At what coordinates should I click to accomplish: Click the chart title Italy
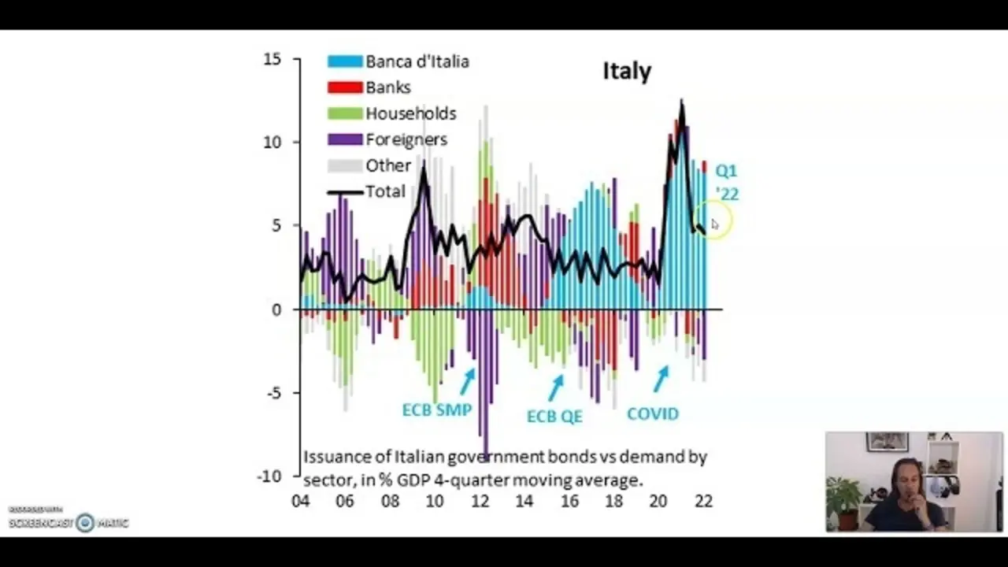point(627,71)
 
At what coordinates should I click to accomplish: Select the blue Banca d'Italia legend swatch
point(345,61)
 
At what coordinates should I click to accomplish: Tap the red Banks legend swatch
point(345,87)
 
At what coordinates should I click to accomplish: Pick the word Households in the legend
point(410,113)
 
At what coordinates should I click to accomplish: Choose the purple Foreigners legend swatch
point(345,139)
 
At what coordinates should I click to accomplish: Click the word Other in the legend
point(387,165)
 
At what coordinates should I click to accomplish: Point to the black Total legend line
point(345,191)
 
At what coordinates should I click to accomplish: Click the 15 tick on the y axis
point(272,59)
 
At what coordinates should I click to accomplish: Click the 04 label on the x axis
point(300,501)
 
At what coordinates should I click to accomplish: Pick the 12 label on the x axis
point(479,501)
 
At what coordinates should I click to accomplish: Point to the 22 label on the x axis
point(703,501)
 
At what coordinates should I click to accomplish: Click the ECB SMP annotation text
point(436,410)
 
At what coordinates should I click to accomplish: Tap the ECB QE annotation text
point(554,416)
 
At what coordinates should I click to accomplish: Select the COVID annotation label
point(652,413)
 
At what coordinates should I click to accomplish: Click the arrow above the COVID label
point(661,379)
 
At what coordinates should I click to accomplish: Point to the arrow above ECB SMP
point(467,381)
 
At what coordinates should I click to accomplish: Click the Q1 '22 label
point(726,182)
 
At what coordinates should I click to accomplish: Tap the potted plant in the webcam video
point(843,501)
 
